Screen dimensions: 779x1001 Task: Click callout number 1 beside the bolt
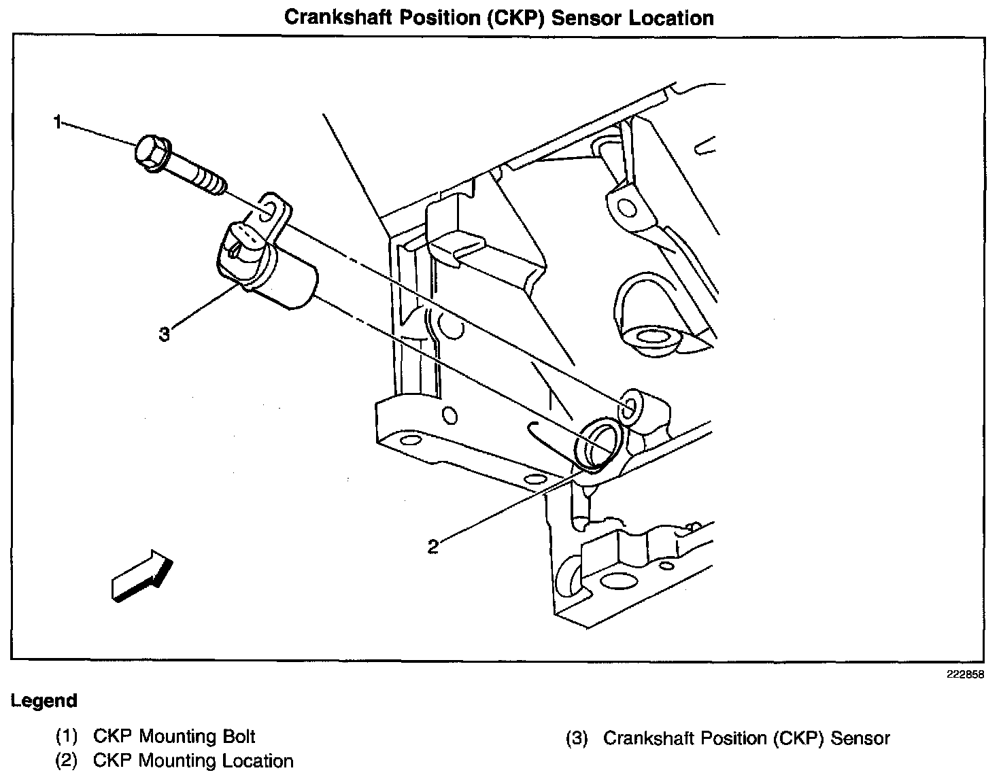coord(58,122)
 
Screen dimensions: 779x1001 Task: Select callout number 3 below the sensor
coord(164,334)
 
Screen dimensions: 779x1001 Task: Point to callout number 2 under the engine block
coord(432,546)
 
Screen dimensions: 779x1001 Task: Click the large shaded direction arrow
coord(142,575)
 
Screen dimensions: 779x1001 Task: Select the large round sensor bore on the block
coord(598,443)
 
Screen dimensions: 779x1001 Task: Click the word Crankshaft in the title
coord(339,18)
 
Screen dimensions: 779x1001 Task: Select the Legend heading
coord(44,701)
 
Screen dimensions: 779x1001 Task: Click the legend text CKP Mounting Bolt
coord(174,736)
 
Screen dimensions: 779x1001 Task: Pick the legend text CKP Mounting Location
coord(193,761)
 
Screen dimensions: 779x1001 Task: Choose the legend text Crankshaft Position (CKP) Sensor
coord(746,738)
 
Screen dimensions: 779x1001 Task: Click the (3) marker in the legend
coord(576,738)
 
